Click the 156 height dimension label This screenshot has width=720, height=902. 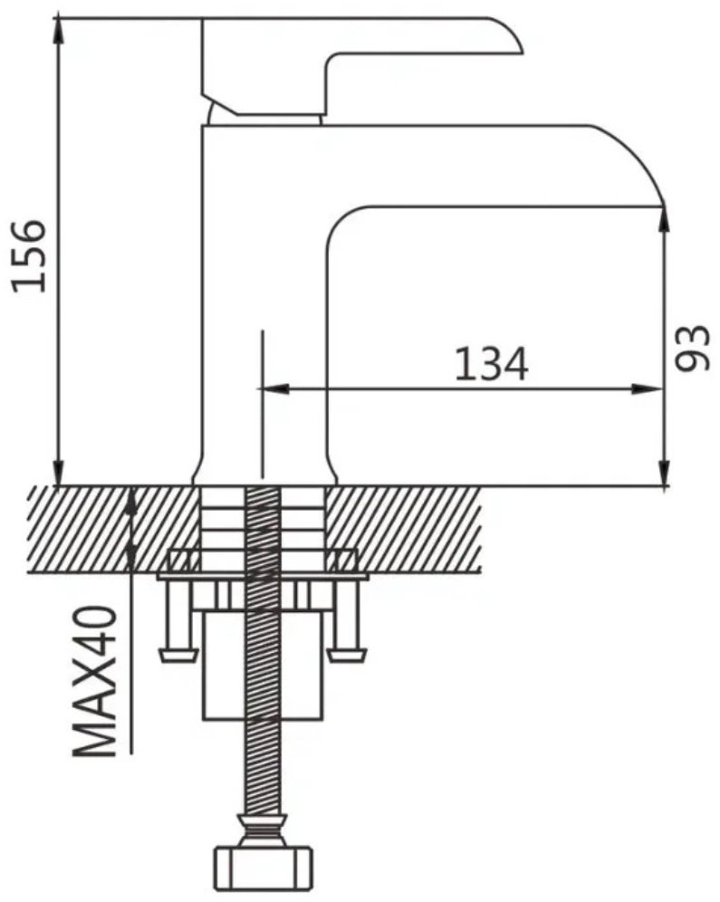(29, 256)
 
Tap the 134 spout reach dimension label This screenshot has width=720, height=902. (491, 363)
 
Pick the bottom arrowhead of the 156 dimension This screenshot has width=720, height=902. (59, 472)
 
